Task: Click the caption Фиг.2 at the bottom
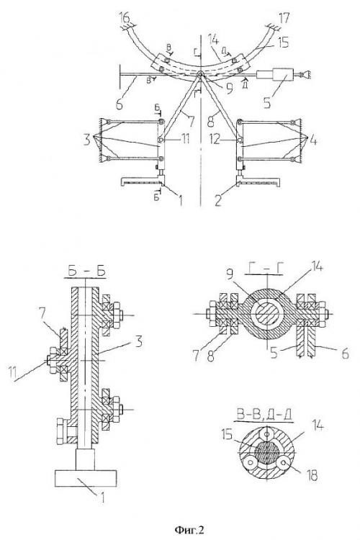tap(189, 528)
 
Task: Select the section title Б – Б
tap(85, 271)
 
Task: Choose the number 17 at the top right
tap(283, 17)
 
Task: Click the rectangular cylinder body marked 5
tap(282, 74)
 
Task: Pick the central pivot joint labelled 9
tap(200, 75)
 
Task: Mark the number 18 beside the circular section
tap(312, 477)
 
